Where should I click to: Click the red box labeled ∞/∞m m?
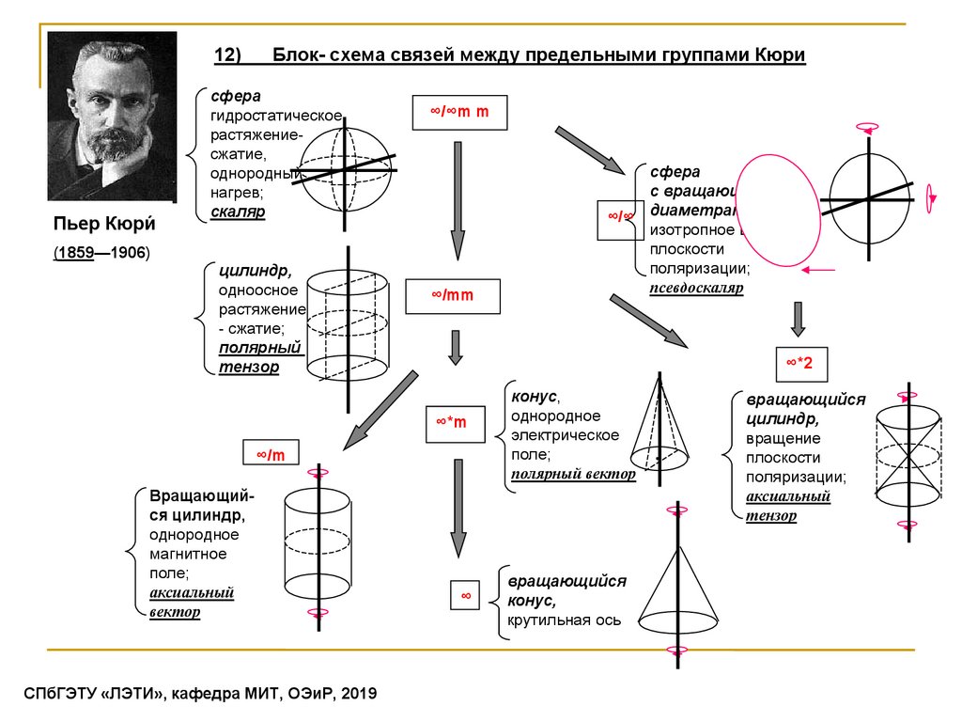[x=460, y=112]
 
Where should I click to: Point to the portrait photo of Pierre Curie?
[x=112, y=116]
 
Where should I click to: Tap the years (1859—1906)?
[x=101, y=254]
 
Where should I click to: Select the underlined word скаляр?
[x=238, y=212]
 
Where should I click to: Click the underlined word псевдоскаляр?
[x=697, y=289]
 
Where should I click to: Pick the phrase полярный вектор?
[x=573, y=475]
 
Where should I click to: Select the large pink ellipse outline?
[x=777, y=210]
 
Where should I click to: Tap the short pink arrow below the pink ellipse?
[x=820, y=271]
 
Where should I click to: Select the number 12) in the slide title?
[x=228, y=55]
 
